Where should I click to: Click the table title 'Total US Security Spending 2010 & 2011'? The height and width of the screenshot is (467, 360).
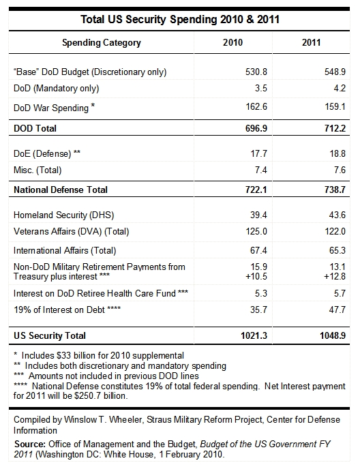click(x=180, y=19)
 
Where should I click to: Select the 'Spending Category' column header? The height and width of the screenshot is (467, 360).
click(x=101, y=43)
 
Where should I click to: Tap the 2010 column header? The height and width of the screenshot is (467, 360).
click(x=232, y=42)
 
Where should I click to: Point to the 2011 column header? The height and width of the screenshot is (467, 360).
click(x=311, y=42)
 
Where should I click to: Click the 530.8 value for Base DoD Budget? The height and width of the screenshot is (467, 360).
click(x=256, y=72)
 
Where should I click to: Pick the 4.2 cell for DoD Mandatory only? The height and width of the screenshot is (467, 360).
click(x=340, y=88)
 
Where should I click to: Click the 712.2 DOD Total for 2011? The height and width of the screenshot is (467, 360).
click(x=335, y=128)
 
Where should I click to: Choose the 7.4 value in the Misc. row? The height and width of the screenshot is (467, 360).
click(x=261, y=170)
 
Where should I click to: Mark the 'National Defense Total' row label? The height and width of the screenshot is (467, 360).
click(x=61, y=190)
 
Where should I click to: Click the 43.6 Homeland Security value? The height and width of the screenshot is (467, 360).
click(x=337, y=215)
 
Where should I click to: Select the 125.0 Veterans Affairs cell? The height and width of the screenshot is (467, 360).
click(x=256, y=231)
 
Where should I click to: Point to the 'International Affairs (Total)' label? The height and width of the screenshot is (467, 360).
click(x=65, y=250)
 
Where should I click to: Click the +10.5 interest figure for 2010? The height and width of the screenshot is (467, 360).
click(x=256, y=276)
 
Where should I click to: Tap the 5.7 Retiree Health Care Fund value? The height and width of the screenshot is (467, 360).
click(x=340, y=293)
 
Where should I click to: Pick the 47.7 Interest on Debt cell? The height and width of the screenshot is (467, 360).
click(x=337, y=310)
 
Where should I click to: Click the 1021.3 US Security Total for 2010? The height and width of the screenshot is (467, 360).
click(x=254, y=335)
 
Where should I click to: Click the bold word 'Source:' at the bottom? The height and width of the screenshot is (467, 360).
click(x=30, y=445)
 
